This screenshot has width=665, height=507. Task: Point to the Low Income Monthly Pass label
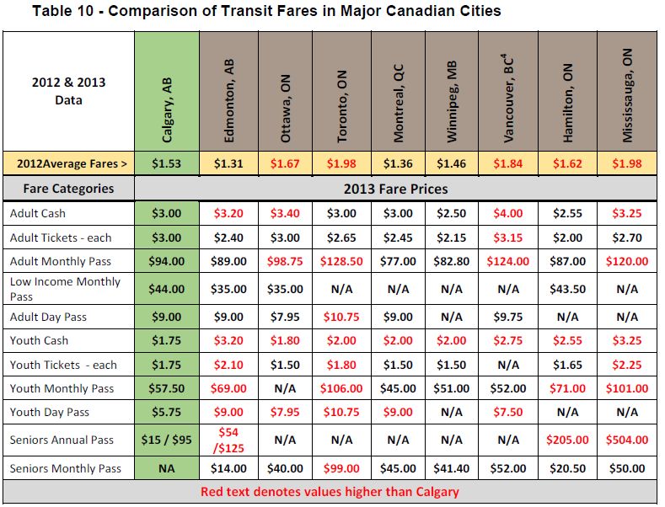coord(65,289)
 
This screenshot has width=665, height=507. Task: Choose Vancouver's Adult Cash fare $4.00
coord(509,214)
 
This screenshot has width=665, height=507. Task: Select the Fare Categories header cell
coord(68,188)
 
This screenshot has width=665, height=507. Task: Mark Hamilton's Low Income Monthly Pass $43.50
coord(567,289)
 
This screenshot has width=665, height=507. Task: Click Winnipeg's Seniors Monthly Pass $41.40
coord(453,468)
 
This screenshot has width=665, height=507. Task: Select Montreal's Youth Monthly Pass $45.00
coord(395,388)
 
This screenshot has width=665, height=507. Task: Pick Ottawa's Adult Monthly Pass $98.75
coord(283,262)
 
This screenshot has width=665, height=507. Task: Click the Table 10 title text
coord(265,12)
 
